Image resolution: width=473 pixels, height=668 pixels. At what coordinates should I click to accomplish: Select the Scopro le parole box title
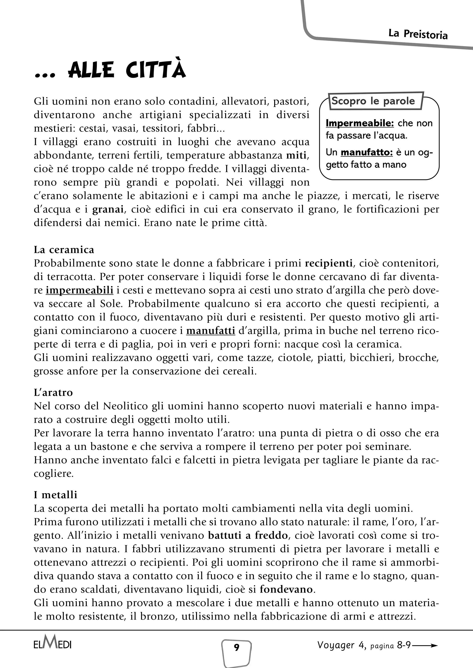pyautogui.click(x=373, y=101)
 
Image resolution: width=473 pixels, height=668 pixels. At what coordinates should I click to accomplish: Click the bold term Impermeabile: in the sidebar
pyautogui.click(x=359, y=123)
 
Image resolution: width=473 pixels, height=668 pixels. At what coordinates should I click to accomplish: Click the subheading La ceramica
pyautogui.click(x=64, y=250)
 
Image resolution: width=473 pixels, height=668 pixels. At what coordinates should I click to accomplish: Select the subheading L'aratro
pyautogui.click(x=53, y=393)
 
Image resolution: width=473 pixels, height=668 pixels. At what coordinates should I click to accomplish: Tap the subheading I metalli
pyautogui.click(x=56, y=495)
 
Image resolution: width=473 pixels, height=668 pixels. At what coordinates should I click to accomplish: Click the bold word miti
pyautogui.click(x=296, y=155)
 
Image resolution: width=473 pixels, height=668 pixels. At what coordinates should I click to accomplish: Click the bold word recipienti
pyautogui.click(x=329, y=263)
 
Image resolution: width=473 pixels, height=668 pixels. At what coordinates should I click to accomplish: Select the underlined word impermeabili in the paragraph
pyautogui.click(x=79, y=290)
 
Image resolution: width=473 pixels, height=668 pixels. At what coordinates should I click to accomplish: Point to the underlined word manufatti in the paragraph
pyautogui.click(x=210, y=331)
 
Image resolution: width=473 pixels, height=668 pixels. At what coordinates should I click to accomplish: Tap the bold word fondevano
pyautogui.click(x=286, y=589)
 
